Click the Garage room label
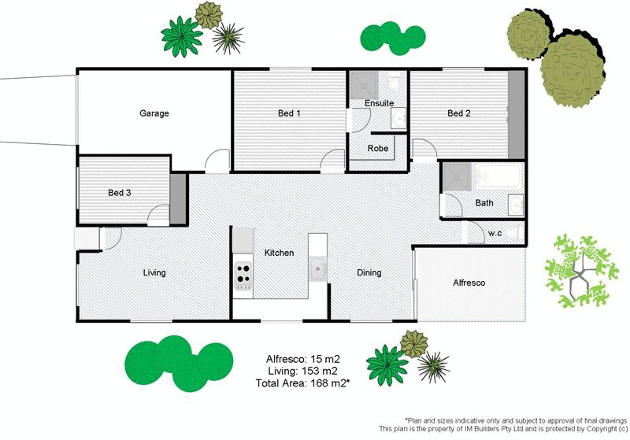click(x=154, y=113)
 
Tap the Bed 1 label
click(x=289, y=113)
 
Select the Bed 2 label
click(x=458, y=113)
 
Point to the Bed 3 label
click(x=120, y=192)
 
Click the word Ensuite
click(x=379, y=103)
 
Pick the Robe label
click(x=378, y=148)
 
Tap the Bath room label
click(x=484, y=203)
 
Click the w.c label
click(x=495, y=233)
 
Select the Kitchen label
click(x=279, y=253)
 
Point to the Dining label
click(x=369, y=273)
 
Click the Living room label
click(x=154, y=273)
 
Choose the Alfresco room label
click(x=469, y=282)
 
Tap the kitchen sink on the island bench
click(x=318, y=268)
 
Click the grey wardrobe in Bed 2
click(x=516, y=115)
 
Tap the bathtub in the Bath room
click(x=496, y=178)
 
